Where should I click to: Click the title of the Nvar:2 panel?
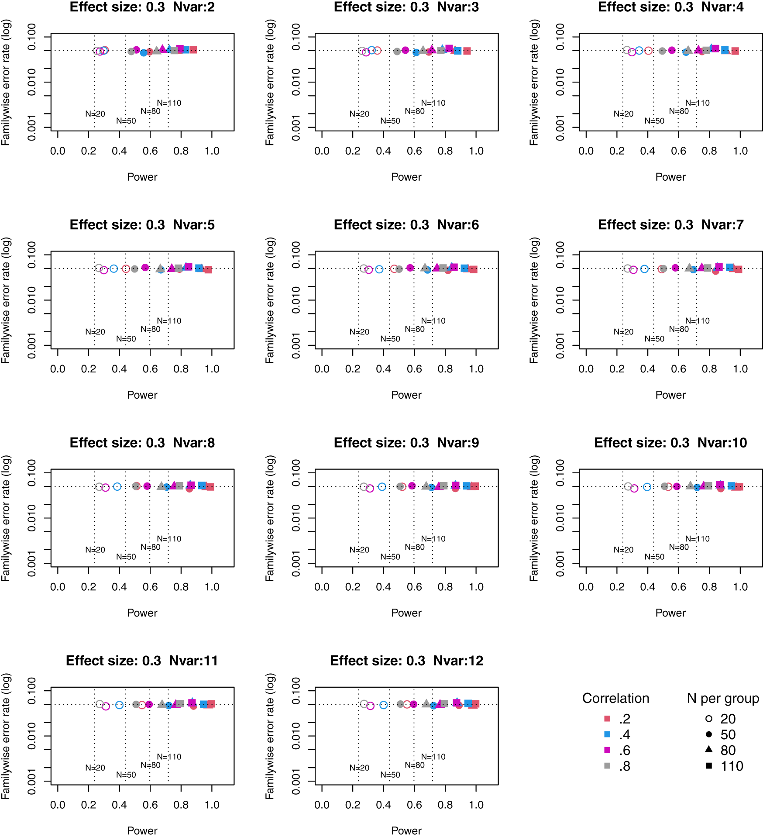pos(142,7)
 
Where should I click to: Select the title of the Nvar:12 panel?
pos(406,661)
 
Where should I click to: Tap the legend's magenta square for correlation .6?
pos(607,750)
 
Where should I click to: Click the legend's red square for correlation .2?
pos(607,718)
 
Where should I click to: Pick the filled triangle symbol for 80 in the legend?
pos(709,749)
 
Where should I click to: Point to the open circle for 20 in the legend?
pos(709,718)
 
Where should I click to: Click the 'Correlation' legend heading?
pos(615,698)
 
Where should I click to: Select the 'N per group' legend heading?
pos(723,698)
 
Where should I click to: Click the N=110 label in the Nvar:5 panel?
pos(169,321)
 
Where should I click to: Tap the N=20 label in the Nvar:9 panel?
pos(359,550)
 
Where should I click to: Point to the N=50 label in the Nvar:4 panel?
pos(654,121)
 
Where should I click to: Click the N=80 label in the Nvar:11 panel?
pos(151,765)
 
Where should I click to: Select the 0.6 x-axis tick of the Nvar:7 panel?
pos(678,369)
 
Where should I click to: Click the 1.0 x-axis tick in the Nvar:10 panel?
pos(740,587)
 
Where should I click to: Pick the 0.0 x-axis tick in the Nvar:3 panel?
pos(322,151)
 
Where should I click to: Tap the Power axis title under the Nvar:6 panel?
pos(406,395)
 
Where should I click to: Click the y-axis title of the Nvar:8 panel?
pos(6,518)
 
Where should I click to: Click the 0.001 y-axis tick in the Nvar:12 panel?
pos(296,782)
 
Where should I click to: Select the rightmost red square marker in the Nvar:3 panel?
pos(467,51)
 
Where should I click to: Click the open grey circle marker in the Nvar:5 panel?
pos(99,268)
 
